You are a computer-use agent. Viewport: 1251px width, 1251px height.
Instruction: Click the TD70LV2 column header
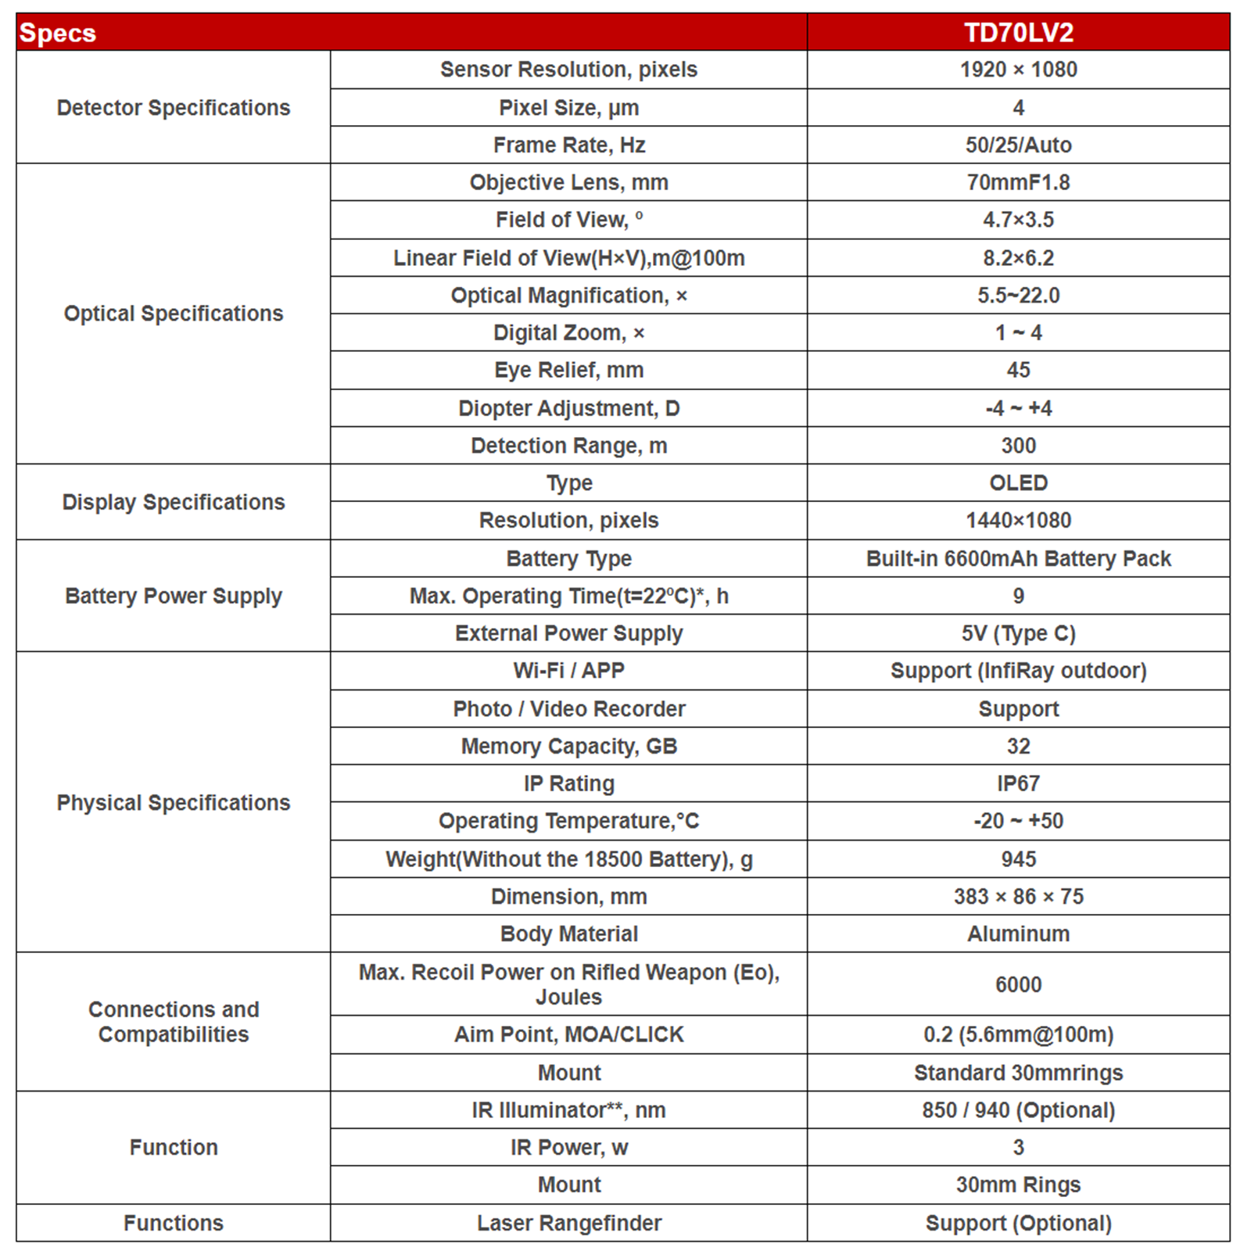click(x=1018, y=33)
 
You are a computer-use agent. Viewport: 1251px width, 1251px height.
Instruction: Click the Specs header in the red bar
click(x=58, y=33)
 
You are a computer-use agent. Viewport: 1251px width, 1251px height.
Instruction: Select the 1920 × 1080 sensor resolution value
click(x=1018, y=70)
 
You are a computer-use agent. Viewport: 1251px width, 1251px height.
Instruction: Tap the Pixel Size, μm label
click(x=568, y=107)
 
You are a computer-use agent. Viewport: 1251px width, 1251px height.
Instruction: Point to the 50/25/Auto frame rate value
click(x=1018, y=145)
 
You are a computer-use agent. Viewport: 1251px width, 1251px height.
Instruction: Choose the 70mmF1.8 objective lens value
click(x=1018, y=182)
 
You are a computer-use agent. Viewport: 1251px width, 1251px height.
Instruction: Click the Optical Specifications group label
click(x=174, y=314)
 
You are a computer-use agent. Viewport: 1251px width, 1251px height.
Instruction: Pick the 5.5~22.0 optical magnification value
click(x=1018, y=296)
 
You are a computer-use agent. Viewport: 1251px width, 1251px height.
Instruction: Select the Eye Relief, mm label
click(x=568, y=370)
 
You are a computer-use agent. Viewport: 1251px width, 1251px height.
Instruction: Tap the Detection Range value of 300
click(x=1018, y=446)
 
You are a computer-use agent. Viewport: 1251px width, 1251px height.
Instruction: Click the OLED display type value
click(x=1018, y=482)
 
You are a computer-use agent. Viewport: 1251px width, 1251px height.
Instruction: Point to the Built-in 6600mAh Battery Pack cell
click(x=1018, y=558)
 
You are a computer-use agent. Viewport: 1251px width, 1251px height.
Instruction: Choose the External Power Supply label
click(x=568, y=633)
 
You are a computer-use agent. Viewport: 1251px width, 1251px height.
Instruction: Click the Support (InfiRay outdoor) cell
click(x=1018, y=671)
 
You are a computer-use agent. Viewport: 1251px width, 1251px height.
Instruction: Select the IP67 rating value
click(x=1018, y=783)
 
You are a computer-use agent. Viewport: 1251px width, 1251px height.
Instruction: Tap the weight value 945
click(x=1018, y=859)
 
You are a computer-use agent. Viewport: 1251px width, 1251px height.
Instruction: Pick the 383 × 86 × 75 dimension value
click(x=1018, y=896)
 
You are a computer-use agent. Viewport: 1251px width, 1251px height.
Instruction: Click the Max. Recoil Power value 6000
click(x=1018, y=984)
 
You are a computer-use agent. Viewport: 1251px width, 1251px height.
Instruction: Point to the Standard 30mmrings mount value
click(x=1018, y=1073)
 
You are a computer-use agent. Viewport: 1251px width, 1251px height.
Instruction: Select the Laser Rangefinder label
click(x=568, y=1223)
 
